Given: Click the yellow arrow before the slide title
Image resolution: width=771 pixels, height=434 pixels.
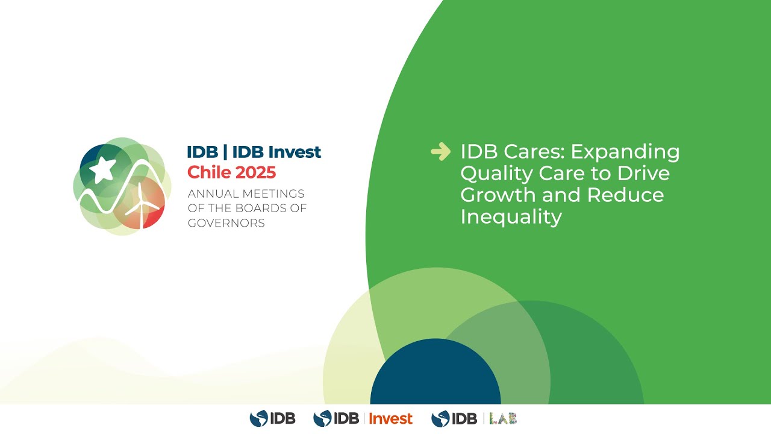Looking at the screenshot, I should [440, 152].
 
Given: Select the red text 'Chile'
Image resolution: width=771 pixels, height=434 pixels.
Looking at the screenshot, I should [209, 172].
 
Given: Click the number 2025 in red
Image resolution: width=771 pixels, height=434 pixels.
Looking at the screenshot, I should [255, 172].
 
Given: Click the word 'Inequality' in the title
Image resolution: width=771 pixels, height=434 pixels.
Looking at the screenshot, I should [511, 216].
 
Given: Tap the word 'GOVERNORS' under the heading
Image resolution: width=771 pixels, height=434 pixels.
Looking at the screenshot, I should [226, 223].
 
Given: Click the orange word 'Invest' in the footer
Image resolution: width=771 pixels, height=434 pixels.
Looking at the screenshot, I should [390, 418].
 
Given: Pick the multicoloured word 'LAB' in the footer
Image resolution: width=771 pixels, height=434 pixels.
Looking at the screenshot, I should [503, 418].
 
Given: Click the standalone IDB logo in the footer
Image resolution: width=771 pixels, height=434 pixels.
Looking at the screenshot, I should [272, 418].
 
